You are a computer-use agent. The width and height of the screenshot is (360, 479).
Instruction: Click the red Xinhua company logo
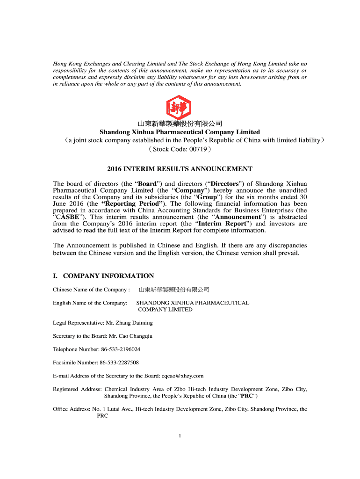click(180, 107)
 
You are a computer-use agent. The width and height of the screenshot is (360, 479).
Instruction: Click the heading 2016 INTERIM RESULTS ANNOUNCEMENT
click(180, 169)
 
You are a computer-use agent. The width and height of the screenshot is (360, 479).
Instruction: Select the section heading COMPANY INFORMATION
click(108, 276)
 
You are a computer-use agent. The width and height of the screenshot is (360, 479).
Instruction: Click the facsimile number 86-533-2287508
click(119, 363)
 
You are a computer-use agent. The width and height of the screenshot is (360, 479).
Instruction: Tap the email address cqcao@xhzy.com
click(182, 376)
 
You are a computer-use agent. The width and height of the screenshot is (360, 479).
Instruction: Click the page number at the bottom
click(180, 436)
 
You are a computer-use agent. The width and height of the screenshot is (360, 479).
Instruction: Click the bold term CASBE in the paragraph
click(68, 217)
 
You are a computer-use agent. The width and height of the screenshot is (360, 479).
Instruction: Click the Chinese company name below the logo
click(180, 124)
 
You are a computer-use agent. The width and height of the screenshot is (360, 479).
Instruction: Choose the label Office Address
click(71, 409)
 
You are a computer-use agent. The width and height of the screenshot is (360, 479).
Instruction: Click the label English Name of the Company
click(90, 303)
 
